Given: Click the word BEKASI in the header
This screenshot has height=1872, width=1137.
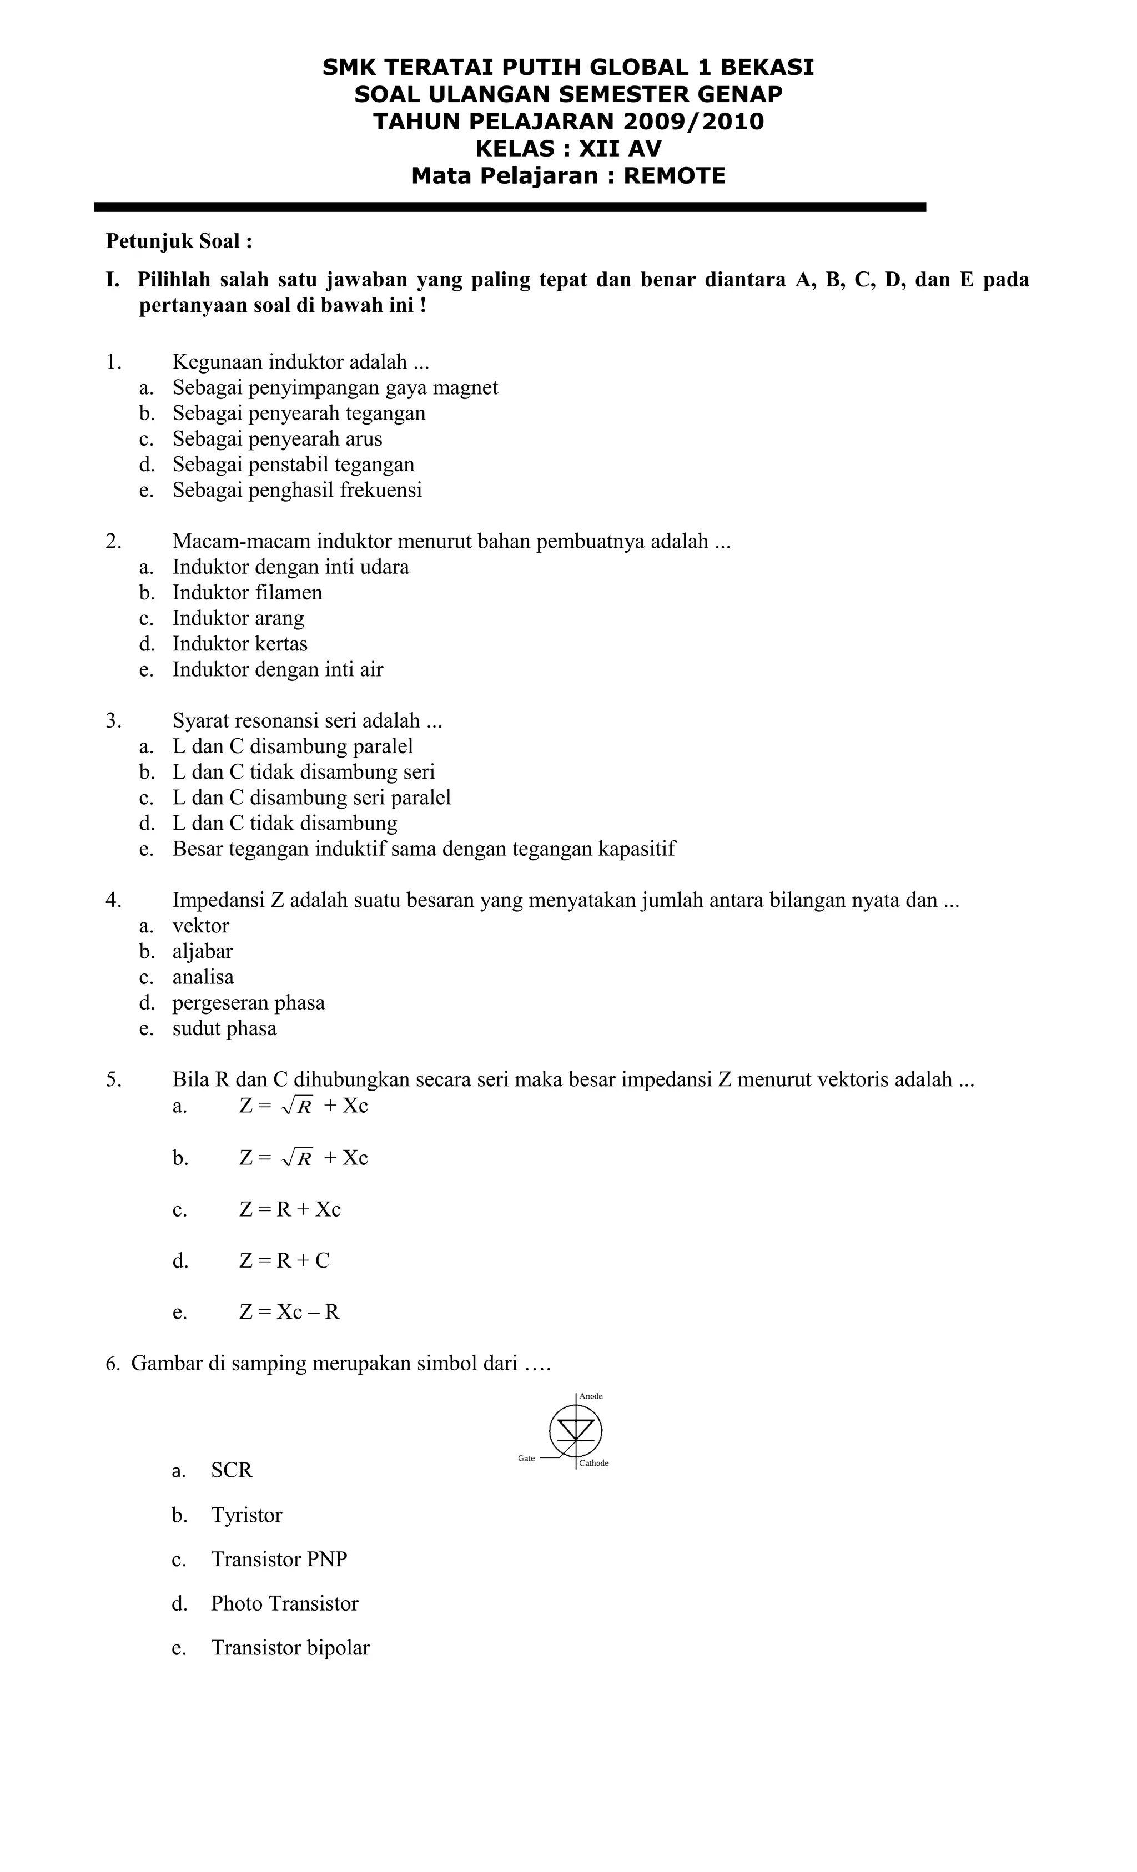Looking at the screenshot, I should point(767,68).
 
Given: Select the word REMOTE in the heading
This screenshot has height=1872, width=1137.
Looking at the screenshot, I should point(674,176).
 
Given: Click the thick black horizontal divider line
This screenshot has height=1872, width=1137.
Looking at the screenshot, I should point(509,206).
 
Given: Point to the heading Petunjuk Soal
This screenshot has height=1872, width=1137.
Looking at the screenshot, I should point(179,241).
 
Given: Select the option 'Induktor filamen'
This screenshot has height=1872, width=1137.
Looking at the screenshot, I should point(247,593).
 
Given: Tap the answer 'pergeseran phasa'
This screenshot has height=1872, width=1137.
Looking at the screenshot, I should point(249,1003).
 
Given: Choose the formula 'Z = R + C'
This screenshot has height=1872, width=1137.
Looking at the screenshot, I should point(284,1261).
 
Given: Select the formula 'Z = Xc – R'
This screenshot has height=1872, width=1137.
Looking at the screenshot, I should point(289,1312).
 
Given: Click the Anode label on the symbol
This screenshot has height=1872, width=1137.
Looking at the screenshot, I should point(591,1396).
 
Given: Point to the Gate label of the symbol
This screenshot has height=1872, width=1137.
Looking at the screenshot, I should point(526,1459).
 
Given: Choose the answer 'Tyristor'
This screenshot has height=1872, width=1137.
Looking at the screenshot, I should point(246,1516).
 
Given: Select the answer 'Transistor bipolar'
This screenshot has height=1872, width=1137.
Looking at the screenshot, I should point(290,1648).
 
